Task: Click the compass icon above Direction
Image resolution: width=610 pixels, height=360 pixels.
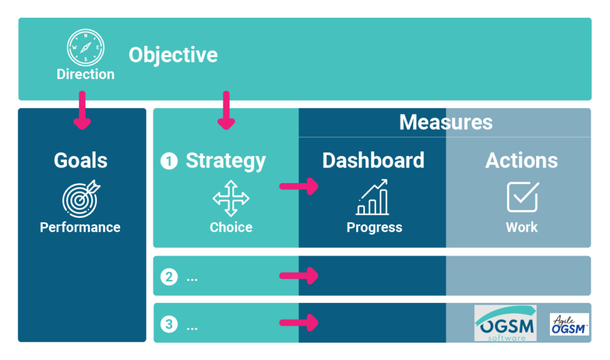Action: [86, 48]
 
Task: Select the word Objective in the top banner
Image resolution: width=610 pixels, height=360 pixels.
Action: [173, 55]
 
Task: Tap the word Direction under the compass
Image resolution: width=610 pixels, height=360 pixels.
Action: [86, 75]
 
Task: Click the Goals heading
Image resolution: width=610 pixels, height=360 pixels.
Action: [80, 160]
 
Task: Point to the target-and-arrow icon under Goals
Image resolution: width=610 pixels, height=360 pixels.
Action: [81, 198]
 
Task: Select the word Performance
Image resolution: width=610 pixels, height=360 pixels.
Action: [80, 227]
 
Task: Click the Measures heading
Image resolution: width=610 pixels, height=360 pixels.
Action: [446, 122]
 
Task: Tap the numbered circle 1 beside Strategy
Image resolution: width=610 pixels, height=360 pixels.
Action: [169, 161]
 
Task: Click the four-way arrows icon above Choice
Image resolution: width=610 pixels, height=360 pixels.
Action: [231, 198]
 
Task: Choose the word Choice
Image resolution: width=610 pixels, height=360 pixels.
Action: [231, 227]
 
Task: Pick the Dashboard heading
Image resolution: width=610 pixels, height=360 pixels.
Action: [373, 160]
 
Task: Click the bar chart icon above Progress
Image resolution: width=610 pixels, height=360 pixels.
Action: [372, 197]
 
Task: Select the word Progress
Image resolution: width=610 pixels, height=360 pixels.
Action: [374, 227]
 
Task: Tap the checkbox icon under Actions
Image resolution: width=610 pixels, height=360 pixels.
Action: [523, 197]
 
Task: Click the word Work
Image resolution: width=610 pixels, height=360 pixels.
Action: [522, 227]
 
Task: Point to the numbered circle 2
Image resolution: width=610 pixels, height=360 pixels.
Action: [169, 277]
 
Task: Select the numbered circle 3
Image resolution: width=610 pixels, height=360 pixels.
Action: [169, 324]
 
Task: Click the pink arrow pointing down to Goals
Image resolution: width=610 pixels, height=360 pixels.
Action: [82, 110]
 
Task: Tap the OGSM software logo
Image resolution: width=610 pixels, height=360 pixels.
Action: [505, 324]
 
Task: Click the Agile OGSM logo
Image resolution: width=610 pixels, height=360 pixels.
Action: [569, 324]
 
